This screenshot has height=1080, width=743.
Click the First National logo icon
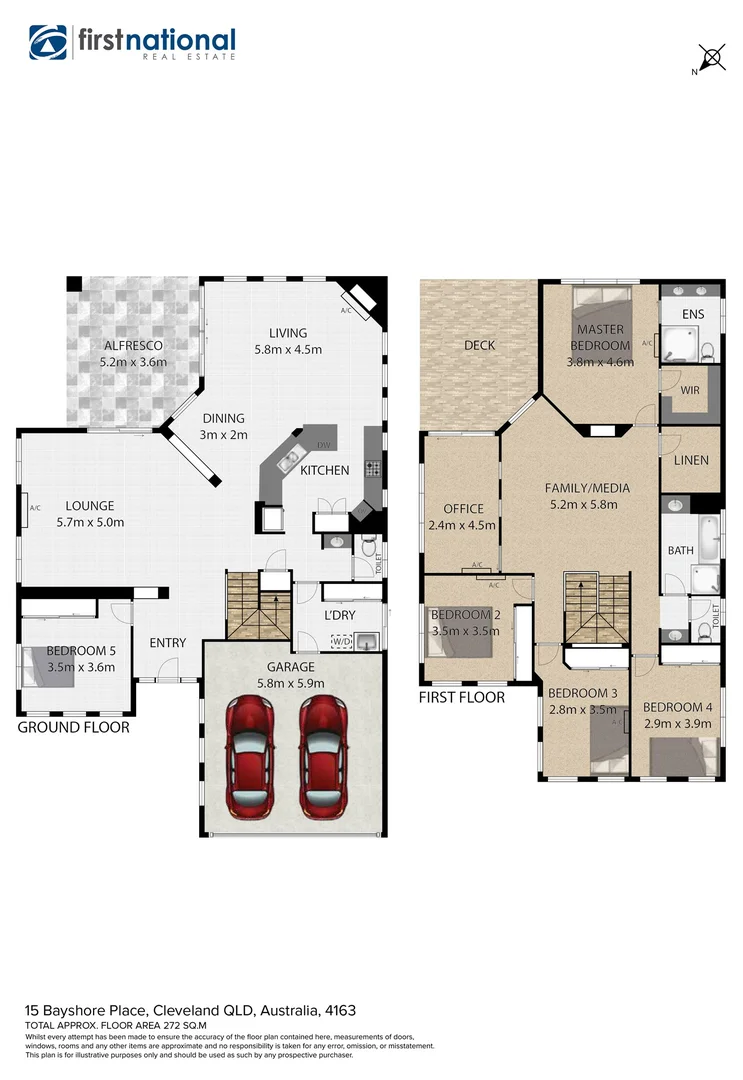coord(48,42)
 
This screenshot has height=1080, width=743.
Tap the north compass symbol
coord(711,58)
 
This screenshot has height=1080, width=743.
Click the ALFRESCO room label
coord(133,346)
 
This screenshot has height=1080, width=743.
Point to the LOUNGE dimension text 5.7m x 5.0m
coord(90,522)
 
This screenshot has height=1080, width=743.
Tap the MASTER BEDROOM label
coord(601,337)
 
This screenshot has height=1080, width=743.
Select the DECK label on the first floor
coord(479,345)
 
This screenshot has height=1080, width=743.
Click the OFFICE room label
coord(463,509)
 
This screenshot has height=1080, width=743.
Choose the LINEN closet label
coord(691,460)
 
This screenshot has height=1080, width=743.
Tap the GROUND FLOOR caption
coord(74,727)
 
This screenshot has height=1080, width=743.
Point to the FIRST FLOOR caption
coord(462,697)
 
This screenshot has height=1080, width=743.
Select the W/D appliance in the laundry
coord(342,640)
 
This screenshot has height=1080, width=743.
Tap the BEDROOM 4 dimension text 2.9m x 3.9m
coord(677,723)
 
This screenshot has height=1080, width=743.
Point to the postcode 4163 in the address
coord(338,1011)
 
